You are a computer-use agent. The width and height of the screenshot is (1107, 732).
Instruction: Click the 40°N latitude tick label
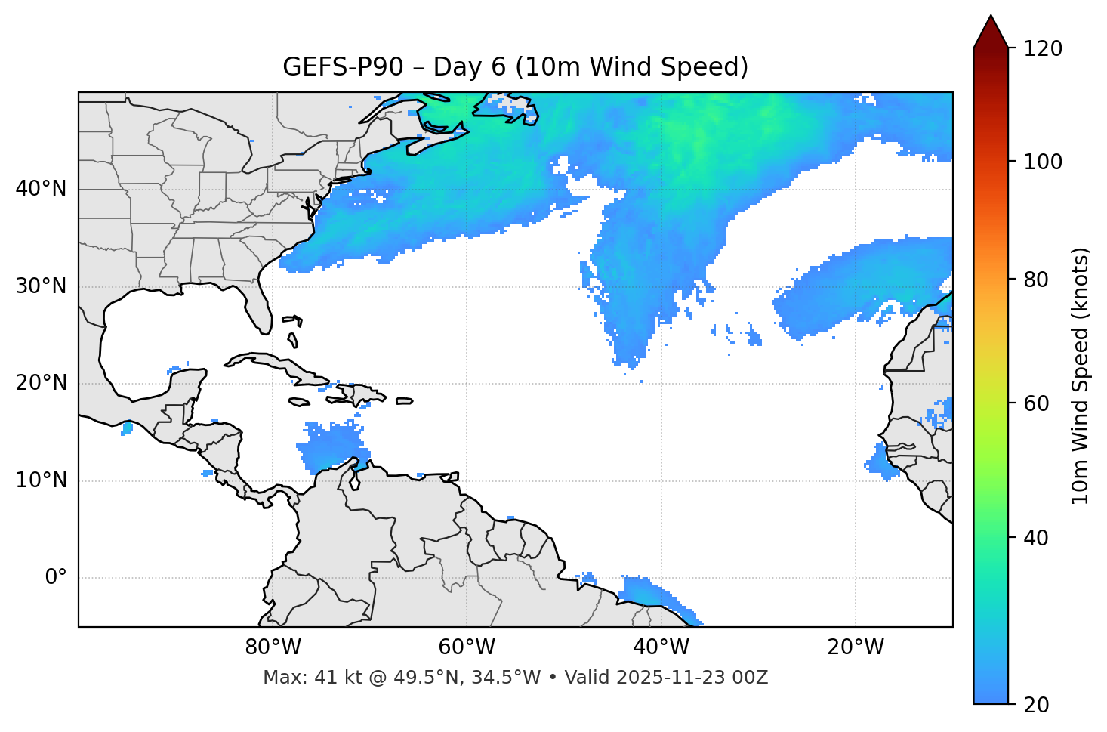tap(41, 189)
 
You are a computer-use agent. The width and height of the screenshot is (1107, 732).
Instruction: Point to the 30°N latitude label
tap(41, 286)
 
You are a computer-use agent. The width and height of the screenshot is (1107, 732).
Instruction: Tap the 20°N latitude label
tap(41, 383)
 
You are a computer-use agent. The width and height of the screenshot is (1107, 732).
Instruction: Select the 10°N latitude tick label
tap(41, 480)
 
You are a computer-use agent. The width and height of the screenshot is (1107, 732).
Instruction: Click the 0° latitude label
tap(56, 578)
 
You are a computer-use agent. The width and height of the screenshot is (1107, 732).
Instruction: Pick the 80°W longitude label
tap(273, 647)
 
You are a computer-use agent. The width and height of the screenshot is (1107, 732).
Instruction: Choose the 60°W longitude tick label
tap(467, 647)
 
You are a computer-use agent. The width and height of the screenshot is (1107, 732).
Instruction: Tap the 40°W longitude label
tap(661, 647)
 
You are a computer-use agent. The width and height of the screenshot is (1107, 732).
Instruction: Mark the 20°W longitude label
tap(855, 647)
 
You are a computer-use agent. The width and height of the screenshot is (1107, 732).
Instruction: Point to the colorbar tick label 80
tap(1038, 280)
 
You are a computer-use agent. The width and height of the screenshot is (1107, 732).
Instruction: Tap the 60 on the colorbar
tap(1038, 403)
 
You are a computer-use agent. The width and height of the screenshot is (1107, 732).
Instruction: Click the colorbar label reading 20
tap(1038, 705)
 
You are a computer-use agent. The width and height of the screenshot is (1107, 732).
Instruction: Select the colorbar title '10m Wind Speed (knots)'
tap(1081, 376)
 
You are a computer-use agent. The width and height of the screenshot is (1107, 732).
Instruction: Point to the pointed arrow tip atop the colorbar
tap(991, 17)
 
